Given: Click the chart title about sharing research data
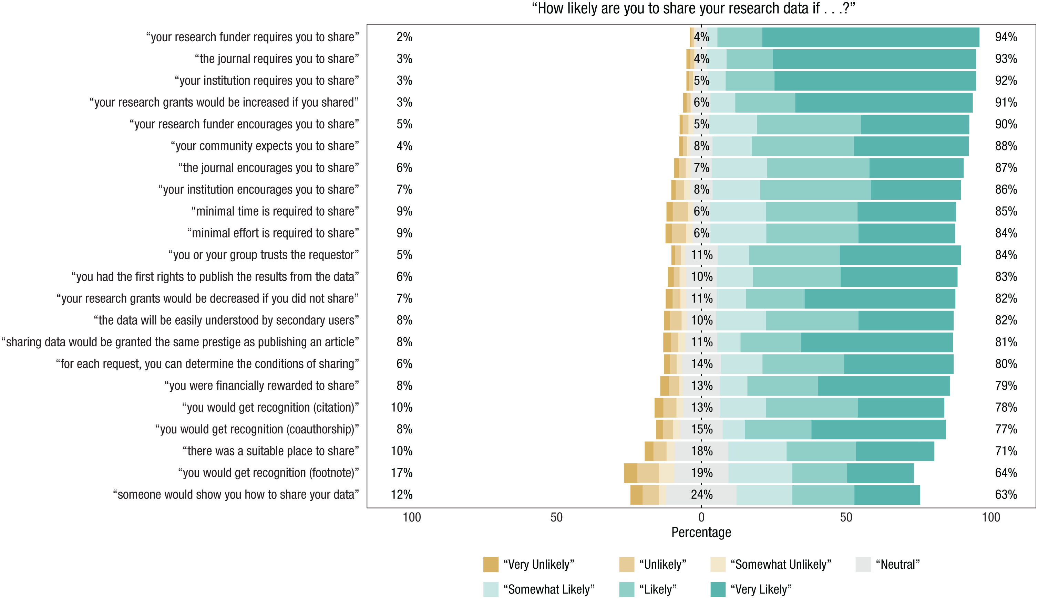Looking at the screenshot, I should [693, 9].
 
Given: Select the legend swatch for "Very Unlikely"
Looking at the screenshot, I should [491, 565].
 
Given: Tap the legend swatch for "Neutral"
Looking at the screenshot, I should [863, 565].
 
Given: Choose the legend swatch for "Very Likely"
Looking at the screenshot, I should [718, 589].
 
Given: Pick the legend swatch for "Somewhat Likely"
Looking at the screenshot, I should [491, 589].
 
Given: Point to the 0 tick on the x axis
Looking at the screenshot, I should [701, 517].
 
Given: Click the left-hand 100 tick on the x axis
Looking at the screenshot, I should [412, 517].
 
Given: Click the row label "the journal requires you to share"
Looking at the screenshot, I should [277, 59].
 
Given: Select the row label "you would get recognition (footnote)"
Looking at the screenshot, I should [268, 473].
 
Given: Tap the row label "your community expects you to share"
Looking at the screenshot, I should [265, 146].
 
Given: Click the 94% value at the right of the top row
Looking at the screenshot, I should [1006, 37].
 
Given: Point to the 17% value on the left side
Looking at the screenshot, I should [401, 473].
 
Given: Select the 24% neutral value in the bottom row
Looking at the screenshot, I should [701, 494].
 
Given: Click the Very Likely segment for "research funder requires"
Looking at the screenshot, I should [871, 38].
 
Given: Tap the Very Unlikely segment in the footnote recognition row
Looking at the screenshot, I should [630, 473].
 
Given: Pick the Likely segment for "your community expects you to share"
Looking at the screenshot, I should [803, 146].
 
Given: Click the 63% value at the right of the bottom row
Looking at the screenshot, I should [1006, 494].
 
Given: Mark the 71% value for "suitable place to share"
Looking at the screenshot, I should [1006, 451].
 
